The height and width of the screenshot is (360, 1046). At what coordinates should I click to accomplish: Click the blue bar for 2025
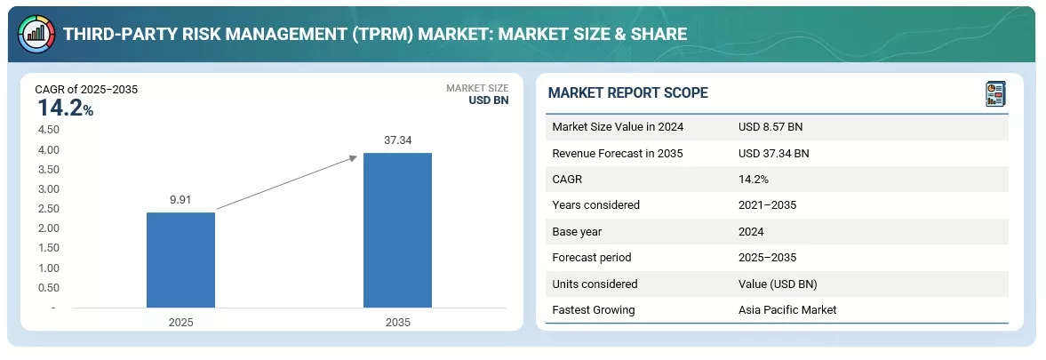pos(180,260)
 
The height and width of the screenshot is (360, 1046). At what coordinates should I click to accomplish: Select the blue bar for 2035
pos(397,230)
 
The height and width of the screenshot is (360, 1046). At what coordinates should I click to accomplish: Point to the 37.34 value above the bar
pos(397,140)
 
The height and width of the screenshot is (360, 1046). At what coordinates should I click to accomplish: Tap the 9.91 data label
pos(181,200)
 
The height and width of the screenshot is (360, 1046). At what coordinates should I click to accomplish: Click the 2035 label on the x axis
pos(397,322)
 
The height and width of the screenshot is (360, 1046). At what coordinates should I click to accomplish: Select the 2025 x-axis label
pos(180,322)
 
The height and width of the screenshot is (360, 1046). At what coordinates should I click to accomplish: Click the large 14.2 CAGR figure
pos(60,108)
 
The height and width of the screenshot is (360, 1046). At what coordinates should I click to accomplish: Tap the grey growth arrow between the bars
pos(287,182)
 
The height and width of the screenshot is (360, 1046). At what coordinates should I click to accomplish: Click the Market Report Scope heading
pos(627,93)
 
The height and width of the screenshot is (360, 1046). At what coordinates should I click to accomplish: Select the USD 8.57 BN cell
pos(771,127)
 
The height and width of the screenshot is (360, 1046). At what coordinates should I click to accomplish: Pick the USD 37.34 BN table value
pos(773,153)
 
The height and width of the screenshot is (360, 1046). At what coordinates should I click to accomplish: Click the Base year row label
pos(578,231)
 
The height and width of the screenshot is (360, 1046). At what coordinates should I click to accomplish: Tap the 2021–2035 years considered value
pos(767,205)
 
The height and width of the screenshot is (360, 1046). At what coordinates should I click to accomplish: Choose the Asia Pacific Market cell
pos(786,310)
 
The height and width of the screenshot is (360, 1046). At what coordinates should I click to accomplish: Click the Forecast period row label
pos(591,258)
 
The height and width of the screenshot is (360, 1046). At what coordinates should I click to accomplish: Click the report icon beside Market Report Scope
pos(995,93)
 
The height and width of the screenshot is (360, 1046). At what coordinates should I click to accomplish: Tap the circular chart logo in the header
pos(36,32)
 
